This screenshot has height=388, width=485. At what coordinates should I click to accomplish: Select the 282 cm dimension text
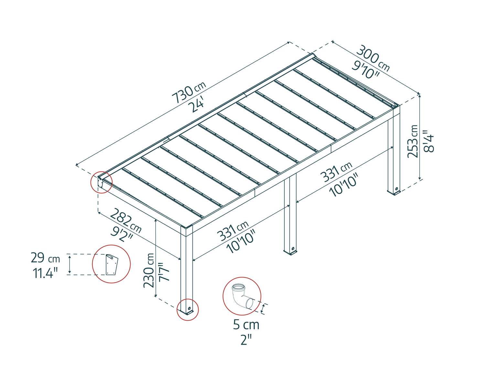pyautogui.click(x=125, y=221)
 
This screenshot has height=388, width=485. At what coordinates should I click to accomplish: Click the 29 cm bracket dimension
pyautogui.click(x=45, y=258)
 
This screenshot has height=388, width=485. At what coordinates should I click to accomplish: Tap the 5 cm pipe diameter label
pyautogui.click(x=246, y=325)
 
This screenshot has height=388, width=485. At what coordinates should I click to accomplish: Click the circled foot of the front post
pyautogui.click(x=188, y=310)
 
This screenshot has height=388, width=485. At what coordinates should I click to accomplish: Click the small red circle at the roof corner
pyautogui.click(x=101, y=182)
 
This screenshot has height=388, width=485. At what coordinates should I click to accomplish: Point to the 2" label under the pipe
pyautogui.click(x=246, y=340)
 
